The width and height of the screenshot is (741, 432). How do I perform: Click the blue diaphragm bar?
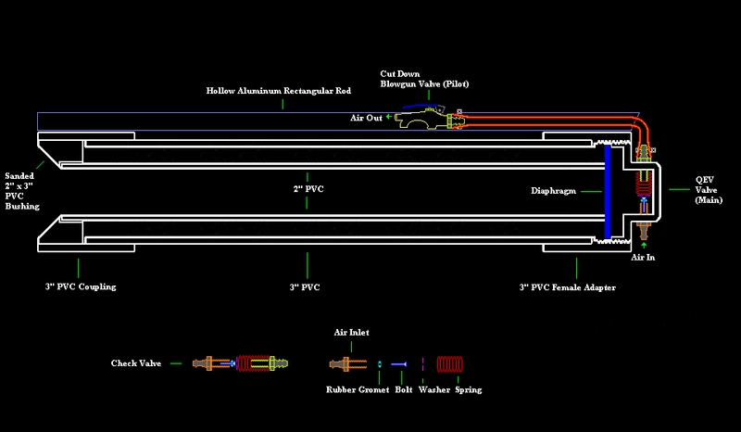(607, 189)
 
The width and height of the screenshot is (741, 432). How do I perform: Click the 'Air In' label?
(644, 260)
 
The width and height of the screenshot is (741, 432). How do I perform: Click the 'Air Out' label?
(366, 119)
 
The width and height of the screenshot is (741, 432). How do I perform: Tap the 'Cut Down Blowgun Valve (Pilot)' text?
(423, 78)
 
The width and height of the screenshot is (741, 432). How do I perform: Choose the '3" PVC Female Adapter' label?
(567, 287)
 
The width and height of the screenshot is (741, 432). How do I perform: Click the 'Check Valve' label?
(137, 363)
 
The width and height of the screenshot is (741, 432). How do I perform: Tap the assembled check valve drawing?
(238, 363)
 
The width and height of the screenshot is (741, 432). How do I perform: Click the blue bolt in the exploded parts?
(399, 363)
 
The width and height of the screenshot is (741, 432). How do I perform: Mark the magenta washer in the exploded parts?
(422, 363)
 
